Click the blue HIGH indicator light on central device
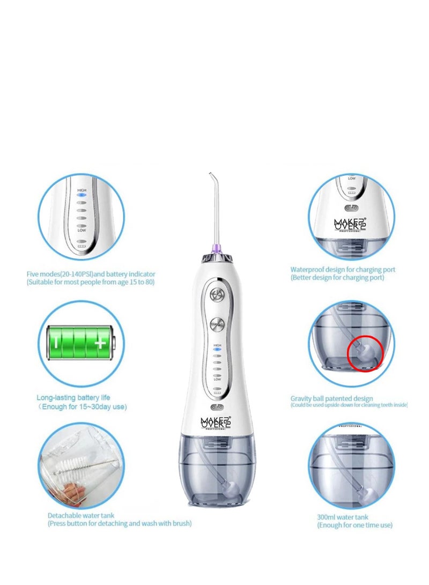[217, 349]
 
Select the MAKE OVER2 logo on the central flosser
[216, 423]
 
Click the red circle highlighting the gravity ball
[365, 352]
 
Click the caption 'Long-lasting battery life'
[73, 397]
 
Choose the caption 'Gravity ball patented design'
[331, 398]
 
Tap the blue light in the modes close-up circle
[82, 196]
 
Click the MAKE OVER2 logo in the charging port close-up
[350, 223]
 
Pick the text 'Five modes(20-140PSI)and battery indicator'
[91, 274]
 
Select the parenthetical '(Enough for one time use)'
[354, 525]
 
